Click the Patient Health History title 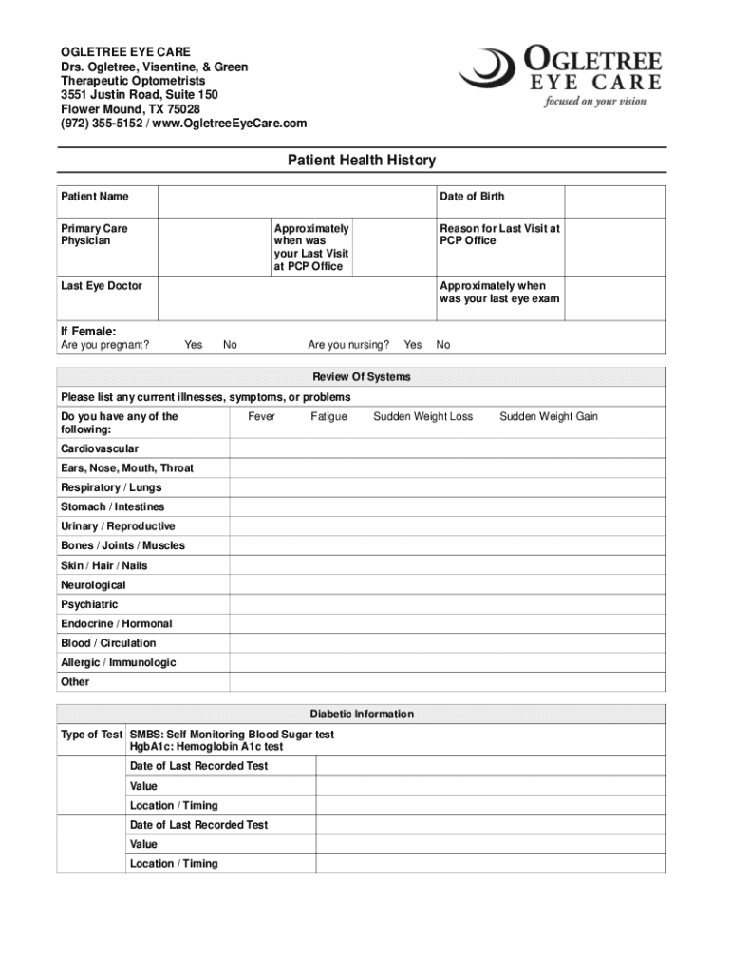pyautogui.click(x=362, y=161)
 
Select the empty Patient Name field pyautogui.click(x=295, y=201)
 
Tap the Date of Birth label pyautogui.click(x=472, y=197)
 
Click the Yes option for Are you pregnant pyautogui.click(x=193, y=345)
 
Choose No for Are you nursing pyautogui.click(x=443, y=345)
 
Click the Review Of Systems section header pyautogui.click(x=362, y=377)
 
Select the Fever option pyautogui.click(x=262, y=416)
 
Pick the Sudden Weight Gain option pyautogui.click(x=549, y=416)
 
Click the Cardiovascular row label pyautogui.click(x=100, y=448)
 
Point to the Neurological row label pyautogui.click(x=93, y=585)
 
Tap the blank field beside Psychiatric pyautogui.click(x=447, y=604)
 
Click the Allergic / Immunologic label pyautogui.click(x=119, y=662)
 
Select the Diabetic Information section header pyautogui.click(x=362, y=714)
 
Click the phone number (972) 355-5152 pyautogui.click(x=101, y=124)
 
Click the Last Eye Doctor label pyautogui.click(x=102, y=286)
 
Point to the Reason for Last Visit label pyautogui.click(x=499, y=235)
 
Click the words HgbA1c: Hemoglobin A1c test pyautogui.click(x=206, y=747)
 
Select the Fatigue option pyautogui.click(x=328, y=416)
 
